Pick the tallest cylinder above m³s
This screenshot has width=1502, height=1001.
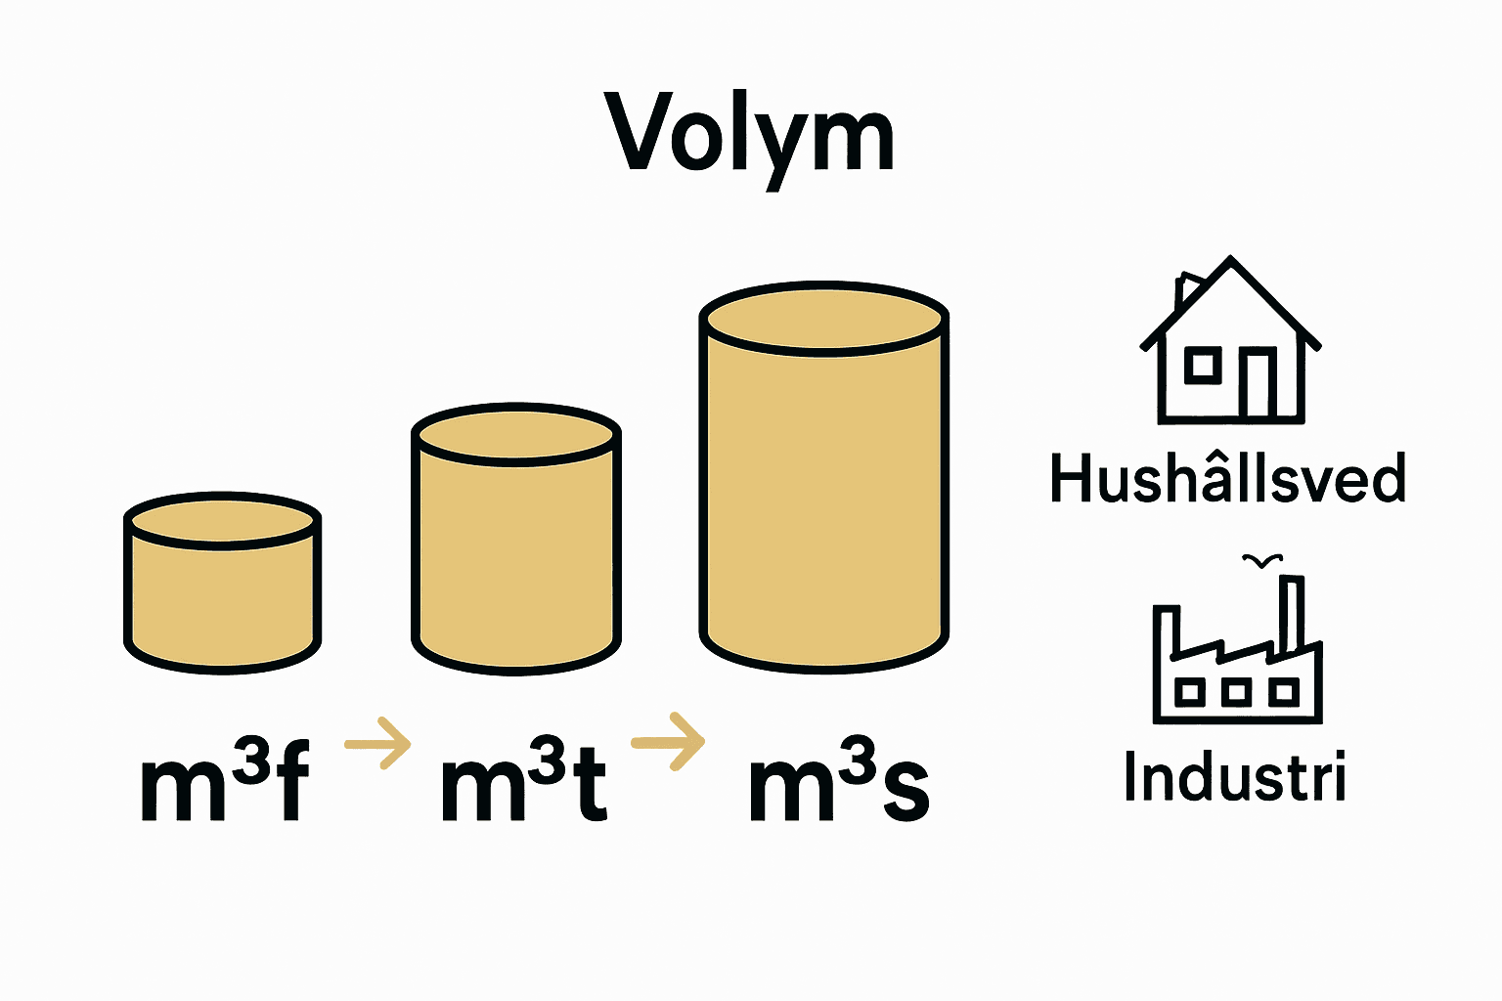(x=824, y=489)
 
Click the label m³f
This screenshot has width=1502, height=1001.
(x=225, y=782)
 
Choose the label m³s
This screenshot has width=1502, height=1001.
(x=838, y=782)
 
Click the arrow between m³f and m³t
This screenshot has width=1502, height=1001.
(x=379, y=744)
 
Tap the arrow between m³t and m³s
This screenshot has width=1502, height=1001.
(x=670, y=742)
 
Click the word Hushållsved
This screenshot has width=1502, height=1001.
(x=1227, y=479)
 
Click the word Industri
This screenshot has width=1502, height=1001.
(x=1235, y=777)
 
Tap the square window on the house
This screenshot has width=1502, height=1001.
(x=1203, y=366)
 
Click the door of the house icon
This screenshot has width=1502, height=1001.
(x=1257, y=384)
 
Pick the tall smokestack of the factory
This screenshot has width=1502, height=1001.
(x=1291, y=611)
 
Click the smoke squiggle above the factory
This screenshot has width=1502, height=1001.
(x=1261, y=561)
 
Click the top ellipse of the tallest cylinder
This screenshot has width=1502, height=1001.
(x=824, y=320)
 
